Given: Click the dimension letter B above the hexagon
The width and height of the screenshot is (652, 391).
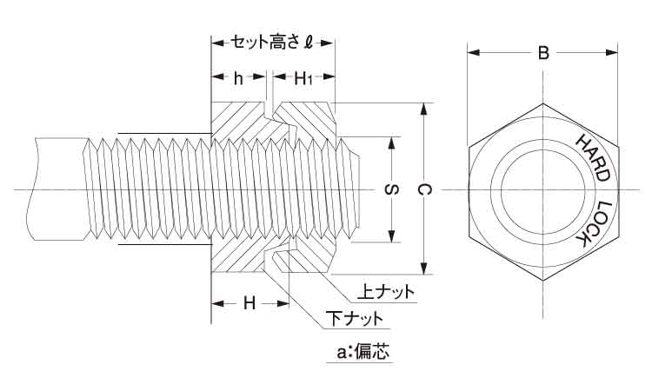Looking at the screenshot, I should tap(542, 54).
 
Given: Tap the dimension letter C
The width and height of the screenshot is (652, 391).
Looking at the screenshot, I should tap(423, 189).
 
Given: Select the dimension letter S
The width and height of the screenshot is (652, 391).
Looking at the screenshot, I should tap(391, 189).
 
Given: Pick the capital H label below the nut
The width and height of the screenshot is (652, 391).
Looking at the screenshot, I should tap(249, 304).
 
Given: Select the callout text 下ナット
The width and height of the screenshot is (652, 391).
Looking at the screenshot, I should tap(354, 319).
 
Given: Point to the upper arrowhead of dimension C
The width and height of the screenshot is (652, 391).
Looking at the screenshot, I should tap(423, 109).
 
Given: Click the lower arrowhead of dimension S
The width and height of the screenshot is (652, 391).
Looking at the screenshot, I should tap(391, 237).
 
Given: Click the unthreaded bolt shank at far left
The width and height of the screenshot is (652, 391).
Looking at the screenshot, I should tap(57, 189).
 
